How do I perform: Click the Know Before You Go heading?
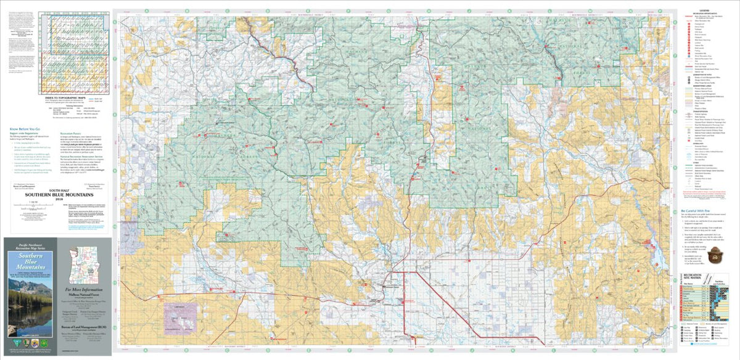21,128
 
